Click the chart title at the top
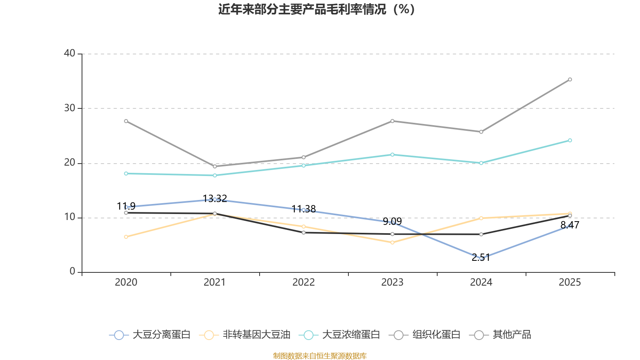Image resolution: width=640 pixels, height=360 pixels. coord(316,9)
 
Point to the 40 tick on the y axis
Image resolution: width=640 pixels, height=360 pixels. coord(70,53)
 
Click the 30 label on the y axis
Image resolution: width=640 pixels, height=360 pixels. coord(70,108)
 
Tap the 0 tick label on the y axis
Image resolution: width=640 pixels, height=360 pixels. coord(72,271)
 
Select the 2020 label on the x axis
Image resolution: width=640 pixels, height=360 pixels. coord(126,282)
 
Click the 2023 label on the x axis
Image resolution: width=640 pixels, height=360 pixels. coord(392,282)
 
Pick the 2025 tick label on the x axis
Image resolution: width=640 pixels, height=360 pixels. coord(570,282)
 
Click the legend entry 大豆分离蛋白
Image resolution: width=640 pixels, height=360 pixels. coord(150,335)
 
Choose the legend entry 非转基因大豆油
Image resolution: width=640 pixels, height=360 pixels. coord(245,335)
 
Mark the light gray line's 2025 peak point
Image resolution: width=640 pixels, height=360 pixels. coord(570,80)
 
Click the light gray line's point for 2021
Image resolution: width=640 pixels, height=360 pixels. coord(215,166)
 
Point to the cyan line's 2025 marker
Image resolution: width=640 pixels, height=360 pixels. coord(570,140)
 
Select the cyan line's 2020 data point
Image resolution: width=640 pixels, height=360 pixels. coord(126,174)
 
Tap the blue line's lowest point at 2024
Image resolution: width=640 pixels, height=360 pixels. coord(481,258)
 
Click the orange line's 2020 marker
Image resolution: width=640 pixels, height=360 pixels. coord(126,237)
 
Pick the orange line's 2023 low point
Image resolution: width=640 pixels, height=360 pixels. coord(392,242)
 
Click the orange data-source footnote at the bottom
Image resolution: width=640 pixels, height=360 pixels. coord(320,356)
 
